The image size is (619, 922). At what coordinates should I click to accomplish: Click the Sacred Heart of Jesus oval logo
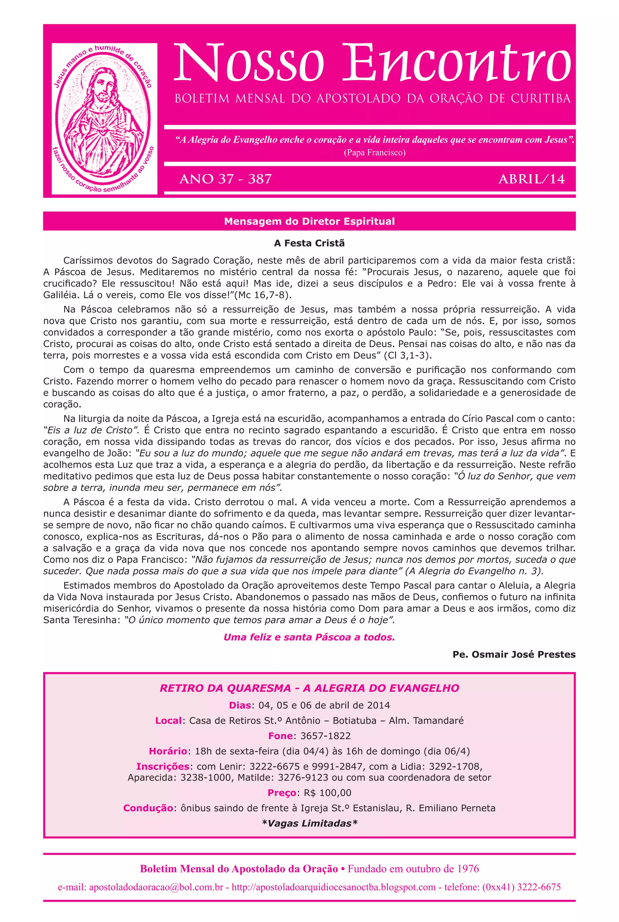point(104,119)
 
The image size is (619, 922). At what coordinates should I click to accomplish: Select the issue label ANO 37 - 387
point(225,179)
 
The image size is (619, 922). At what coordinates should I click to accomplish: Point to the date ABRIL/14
point(531,179)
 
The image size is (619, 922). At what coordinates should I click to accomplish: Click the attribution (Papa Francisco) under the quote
point(375,152)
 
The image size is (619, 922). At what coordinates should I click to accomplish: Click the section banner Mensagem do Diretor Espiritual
point(309,221)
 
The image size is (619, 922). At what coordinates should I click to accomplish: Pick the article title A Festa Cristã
point(309,243)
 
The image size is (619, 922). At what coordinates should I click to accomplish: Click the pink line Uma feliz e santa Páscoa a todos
point(309,637)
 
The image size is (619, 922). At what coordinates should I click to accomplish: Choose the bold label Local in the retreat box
point(168,721)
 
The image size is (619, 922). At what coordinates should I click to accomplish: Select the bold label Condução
point(148,808)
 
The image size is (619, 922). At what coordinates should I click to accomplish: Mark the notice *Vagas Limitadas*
point(309,824)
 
